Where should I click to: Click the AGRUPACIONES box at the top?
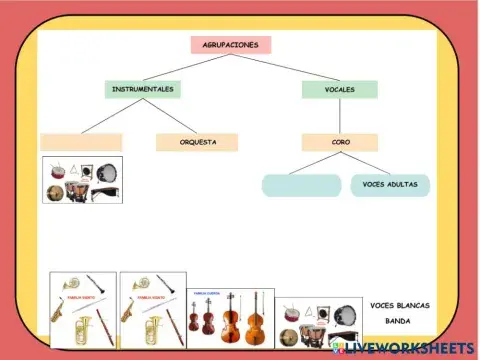231,45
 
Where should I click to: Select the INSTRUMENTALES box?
143,89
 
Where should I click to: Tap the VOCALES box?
340,89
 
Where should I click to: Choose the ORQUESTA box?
197,142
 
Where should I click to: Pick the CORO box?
340,142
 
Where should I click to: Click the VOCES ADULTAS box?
390,185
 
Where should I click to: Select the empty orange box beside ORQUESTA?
81,142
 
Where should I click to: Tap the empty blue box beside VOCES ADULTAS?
301,185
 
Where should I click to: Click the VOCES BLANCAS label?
397,304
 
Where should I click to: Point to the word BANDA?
398,321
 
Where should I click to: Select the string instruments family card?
231,318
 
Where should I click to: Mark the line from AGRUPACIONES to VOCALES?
287,67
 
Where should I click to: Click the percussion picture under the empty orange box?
82,180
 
